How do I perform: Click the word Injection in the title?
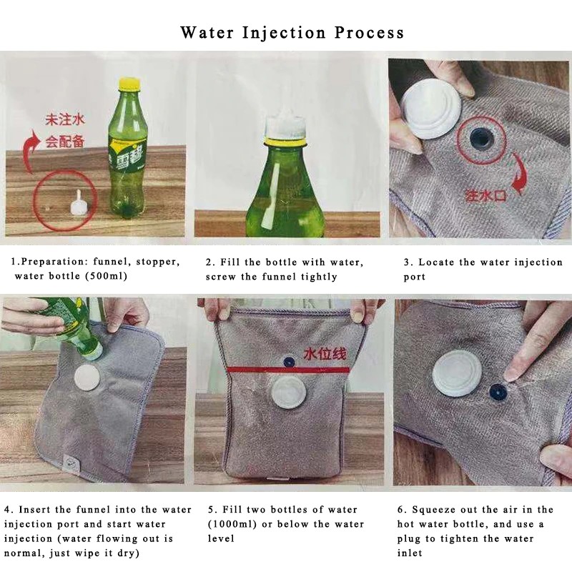point(283,33)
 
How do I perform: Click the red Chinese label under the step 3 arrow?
point(485,195)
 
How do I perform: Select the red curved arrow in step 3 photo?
point(521,173)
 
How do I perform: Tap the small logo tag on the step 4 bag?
point(69,462)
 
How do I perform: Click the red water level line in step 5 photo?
point(289,370)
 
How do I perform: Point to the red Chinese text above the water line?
point(325,354)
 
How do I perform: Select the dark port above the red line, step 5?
point(289,362)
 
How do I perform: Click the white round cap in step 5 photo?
point(288,393)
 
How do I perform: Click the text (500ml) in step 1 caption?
point(106,276)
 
